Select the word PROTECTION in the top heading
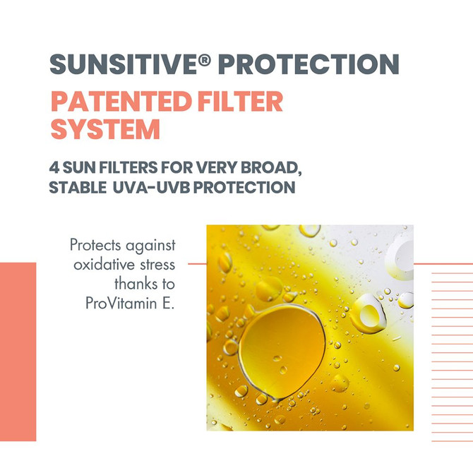pyautogui.click(x=309, y=64)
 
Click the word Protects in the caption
pyautogui.click(x=98, y=245)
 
